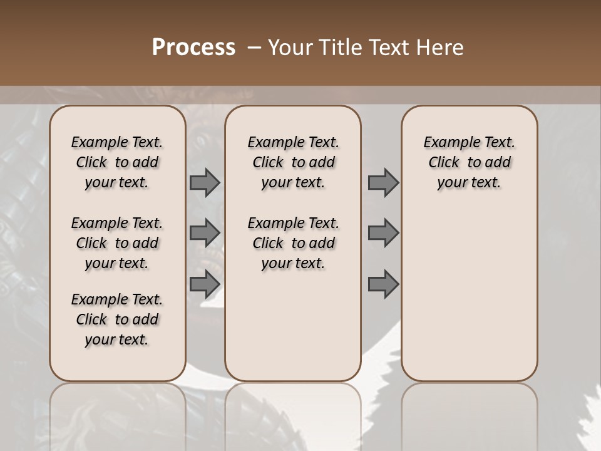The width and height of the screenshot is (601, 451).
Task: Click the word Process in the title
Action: (x=193, y=48)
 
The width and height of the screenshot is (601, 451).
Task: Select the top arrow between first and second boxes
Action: (x=205, y=183)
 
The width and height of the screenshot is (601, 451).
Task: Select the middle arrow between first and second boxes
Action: (x=205, y=233)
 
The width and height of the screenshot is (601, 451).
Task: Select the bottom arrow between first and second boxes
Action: (x=205, y=284)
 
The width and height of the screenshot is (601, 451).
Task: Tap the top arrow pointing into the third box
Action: (x=383, y=183)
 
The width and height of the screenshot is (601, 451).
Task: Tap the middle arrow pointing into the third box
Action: (x=383, y=233)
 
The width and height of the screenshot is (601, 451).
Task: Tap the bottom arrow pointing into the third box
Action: (x=383, y=284)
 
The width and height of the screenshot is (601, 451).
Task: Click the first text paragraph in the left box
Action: (x=117, y=162)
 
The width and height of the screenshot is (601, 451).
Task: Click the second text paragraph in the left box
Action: (x=117, y=243)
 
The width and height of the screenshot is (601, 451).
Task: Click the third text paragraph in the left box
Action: (x=117, y=319)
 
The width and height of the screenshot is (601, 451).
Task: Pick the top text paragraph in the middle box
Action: (x=294, y=162)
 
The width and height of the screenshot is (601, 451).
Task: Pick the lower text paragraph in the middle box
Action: (x=294, y=243)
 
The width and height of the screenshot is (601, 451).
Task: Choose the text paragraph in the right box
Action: (x=470, y=162)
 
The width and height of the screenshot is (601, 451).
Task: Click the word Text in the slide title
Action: (x=388, y=48)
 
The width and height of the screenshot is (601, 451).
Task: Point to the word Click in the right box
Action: (x=444, y=162)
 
